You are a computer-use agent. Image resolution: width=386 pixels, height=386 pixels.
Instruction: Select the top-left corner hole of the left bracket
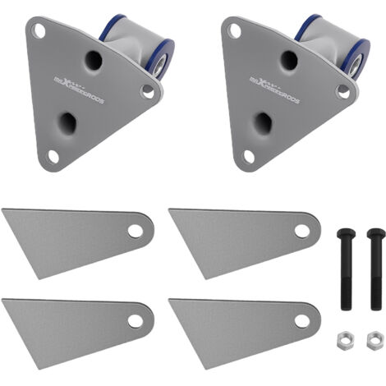point(39,30)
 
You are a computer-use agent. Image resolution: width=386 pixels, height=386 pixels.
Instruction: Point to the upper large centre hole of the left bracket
point(92,59)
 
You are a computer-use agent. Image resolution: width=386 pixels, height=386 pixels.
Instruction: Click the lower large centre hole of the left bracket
point(68,123)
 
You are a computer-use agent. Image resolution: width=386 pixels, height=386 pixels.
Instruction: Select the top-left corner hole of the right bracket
point(234,30)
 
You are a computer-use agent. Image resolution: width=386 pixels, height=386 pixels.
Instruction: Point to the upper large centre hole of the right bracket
point(287,59)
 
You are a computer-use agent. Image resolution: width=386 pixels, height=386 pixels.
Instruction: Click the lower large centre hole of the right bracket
point(263,123)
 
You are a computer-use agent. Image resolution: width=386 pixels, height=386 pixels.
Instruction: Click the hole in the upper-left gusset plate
point(136,231)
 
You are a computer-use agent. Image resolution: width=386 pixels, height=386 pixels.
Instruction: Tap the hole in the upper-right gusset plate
point(302,231)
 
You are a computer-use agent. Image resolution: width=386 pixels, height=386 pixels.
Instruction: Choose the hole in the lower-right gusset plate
point(302,321)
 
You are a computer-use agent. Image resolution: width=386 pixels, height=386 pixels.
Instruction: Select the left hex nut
point(347,337)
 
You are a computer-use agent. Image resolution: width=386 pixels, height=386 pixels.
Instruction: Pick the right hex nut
point(375,337)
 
